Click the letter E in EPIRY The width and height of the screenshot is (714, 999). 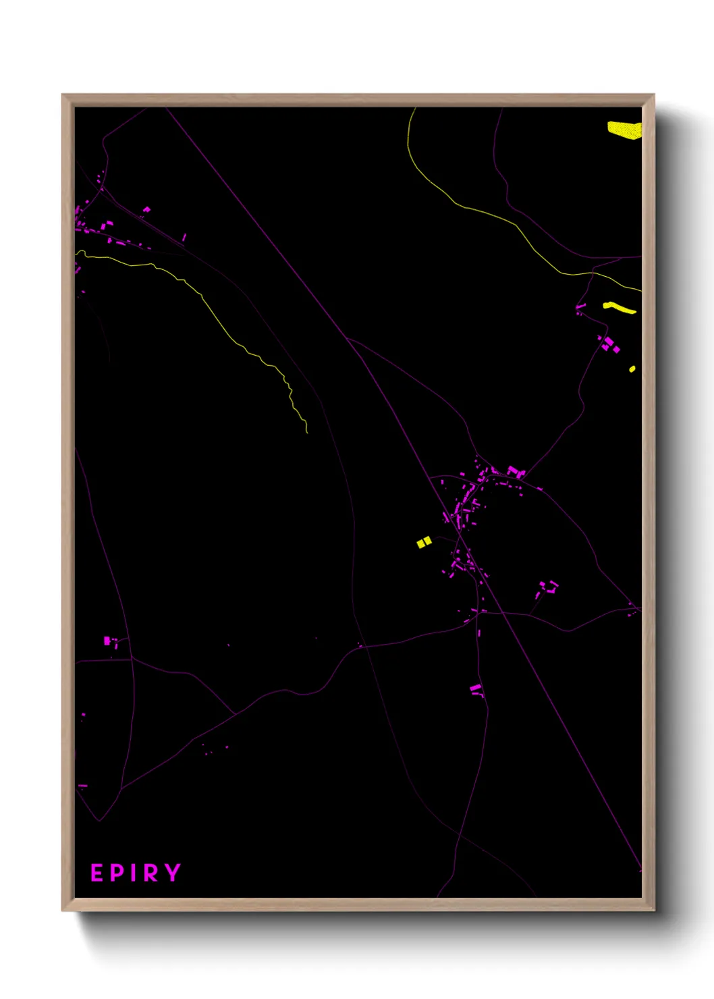point(97,873)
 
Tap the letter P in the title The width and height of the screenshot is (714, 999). point(117,873)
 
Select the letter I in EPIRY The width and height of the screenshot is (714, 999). point(134,873)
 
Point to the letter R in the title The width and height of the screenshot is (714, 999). point(151,873)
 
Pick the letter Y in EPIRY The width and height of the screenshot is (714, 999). point(173,872)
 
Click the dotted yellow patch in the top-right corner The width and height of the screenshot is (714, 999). point(624,129)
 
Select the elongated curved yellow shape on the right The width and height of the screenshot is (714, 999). point(620,308)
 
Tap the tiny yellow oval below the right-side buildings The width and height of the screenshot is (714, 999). point(632,369)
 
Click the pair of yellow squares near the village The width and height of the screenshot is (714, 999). point(424,542)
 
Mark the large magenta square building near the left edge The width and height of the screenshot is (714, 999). point(107,640)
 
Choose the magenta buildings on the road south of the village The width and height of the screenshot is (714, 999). point(476,689)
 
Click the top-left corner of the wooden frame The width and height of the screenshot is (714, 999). point(63,95)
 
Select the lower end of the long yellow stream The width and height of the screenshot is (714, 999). point(307,431)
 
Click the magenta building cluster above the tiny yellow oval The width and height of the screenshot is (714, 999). point(609,344)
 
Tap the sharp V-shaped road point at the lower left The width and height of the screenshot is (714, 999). point(99,821)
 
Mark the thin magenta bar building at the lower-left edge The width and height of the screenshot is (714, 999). point(82,786)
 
